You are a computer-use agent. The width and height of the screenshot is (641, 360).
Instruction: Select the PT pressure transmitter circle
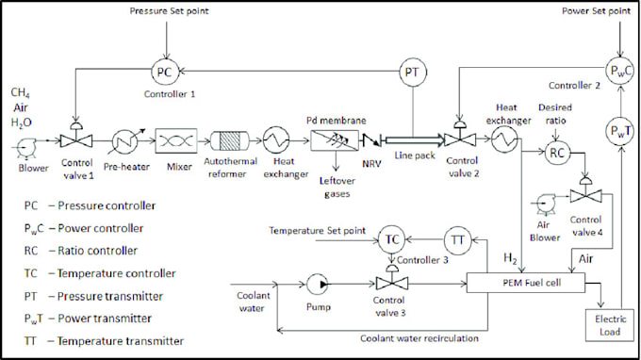pos(412,72)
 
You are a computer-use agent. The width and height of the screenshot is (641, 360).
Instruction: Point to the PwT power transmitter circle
pos(617,128)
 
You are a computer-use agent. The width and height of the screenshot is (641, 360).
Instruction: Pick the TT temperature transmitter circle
pos(458,240)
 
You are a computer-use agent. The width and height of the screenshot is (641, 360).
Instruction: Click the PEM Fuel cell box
pos(533,281)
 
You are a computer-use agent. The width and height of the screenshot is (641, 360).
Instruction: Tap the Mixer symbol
pos(173,142)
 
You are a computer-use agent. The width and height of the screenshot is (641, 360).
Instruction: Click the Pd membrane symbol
pos(330,142)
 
